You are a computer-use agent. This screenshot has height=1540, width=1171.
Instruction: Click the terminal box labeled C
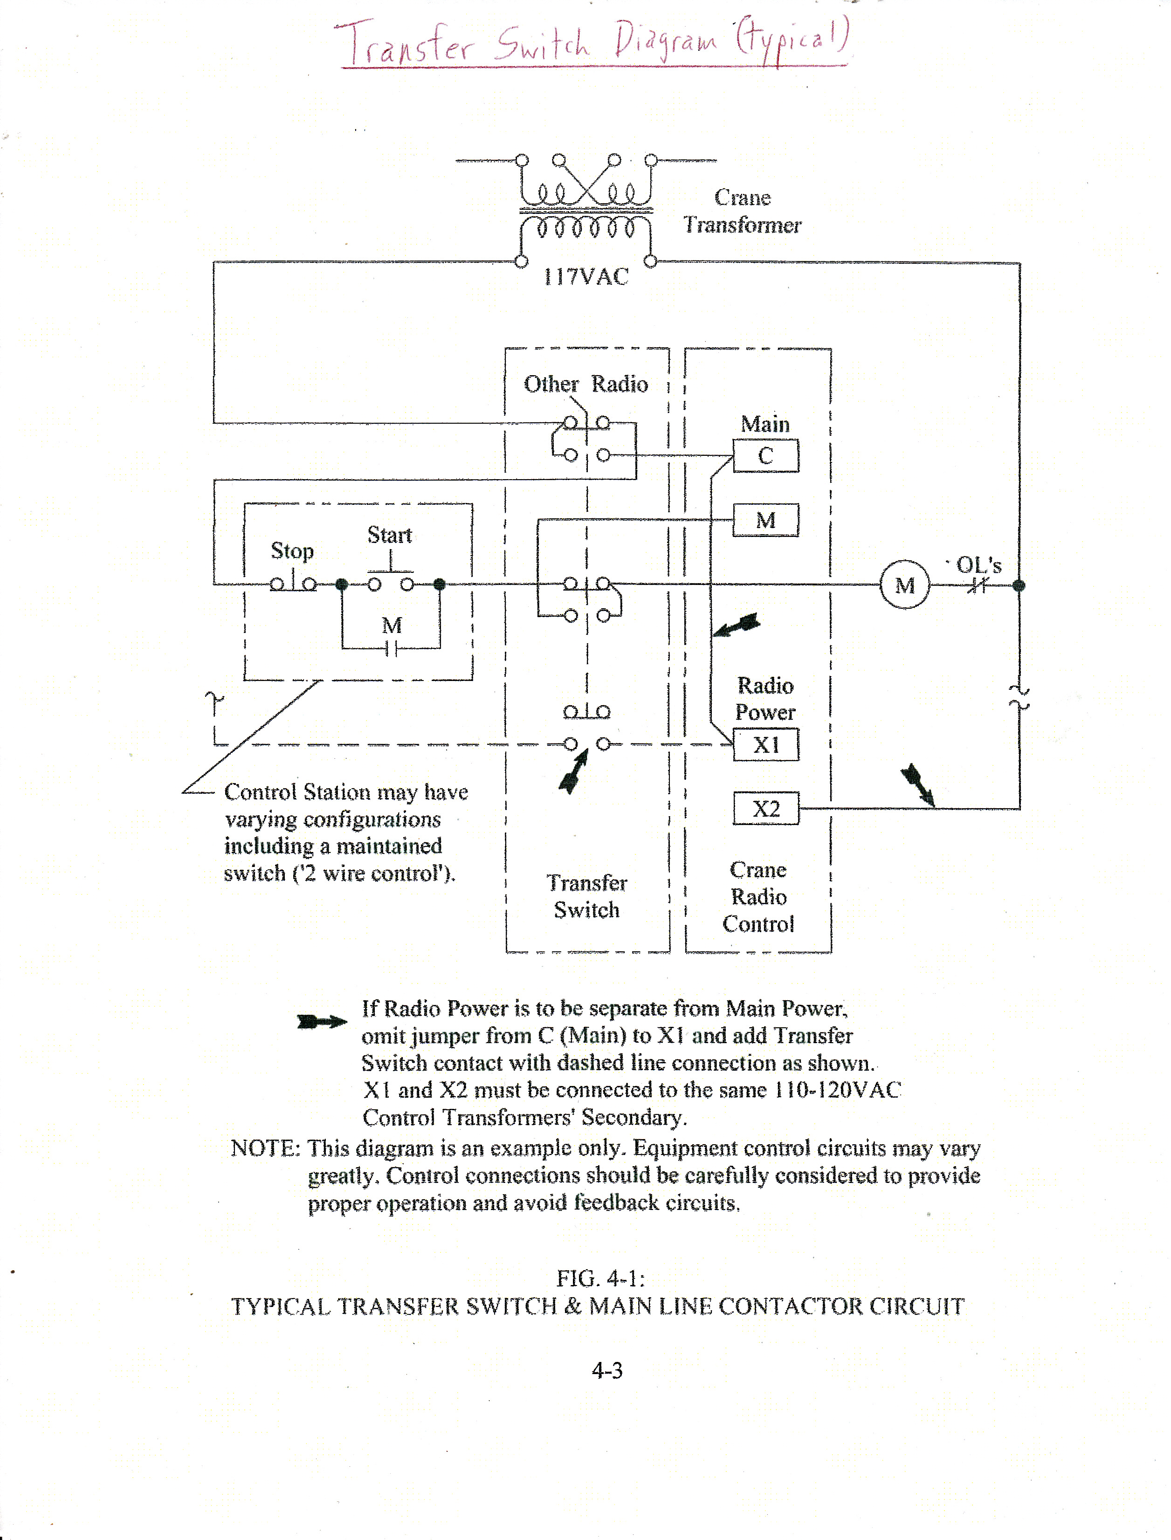pos(765,456)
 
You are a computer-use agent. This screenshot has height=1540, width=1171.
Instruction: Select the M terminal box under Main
pos(765,520)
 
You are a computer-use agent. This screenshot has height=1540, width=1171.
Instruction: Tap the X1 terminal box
pos(765,745)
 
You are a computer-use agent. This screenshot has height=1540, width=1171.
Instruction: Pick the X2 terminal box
pos(765,808)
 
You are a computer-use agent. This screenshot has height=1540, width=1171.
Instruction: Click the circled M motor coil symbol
pos(904,584)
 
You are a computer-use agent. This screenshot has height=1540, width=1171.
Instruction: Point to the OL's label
pos(978,564)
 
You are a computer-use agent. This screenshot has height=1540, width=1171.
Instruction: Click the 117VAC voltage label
pos(585,277)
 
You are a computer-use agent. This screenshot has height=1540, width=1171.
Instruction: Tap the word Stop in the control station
pos(292,550)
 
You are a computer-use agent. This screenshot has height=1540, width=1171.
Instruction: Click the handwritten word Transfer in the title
pos(404,43)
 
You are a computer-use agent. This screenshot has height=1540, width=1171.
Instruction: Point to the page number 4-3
pos(606,1370)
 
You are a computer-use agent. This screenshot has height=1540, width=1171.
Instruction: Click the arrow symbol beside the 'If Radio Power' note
pos(321,1022)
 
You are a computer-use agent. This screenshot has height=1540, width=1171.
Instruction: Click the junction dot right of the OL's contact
pos(1019,585)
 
